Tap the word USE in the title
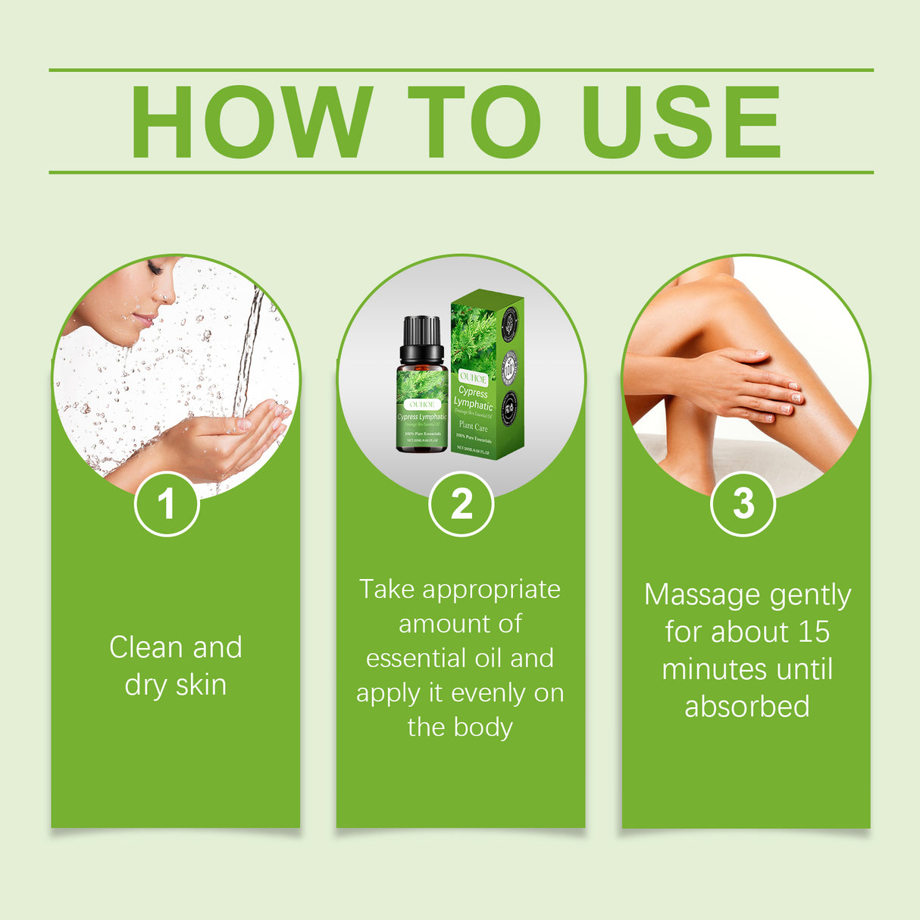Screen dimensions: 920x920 pos(680,122)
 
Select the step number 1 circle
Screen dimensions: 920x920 pos(167,504)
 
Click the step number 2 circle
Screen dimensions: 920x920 pos(461,504)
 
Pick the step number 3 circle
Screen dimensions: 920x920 pos(743,504)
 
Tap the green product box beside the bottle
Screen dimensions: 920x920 pos(487,375)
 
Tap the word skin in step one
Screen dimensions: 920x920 pos(201,685)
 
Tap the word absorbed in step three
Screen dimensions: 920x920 pos(747,707)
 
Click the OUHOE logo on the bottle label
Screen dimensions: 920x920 pos(421,405)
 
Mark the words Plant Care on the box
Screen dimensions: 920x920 pos(474,427)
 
